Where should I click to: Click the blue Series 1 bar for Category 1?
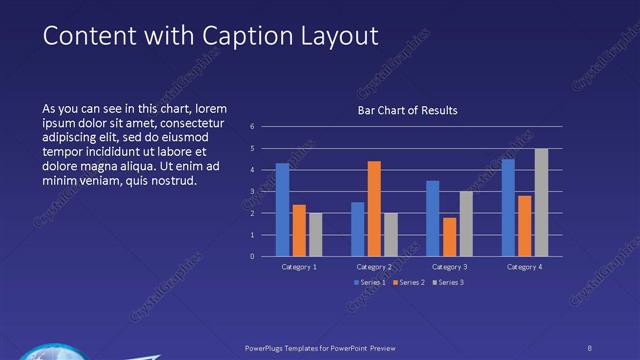coord(282,209)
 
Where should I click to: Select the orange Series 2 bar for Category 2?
coord(374,208)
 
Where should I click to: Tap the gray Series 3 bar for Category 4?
coord(541,202)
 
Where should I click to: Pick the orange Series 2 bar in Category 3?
coord(449,236)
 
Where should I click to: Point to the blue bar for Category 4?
coord(508,207)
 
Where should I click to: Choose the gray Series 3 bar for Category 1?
coord(316,234)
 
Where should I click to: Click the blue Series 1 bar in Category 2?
coord(357,229)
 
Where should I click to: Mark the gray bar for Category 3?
coord(466,223)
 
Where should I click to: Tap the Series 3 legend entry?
coord(448,282)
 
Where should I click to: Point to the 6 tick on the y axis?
coord(252,126)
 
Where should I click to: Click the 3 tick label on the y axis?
coord(252,191)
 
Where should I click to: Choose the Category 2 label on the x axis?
coord(374,267)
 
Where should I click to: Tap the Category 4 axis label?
coord(524,267)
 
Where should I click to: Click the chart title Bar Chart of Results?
coord(407,110)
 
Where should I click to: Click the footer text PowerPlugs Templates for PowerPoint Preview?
coord(329,348)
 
